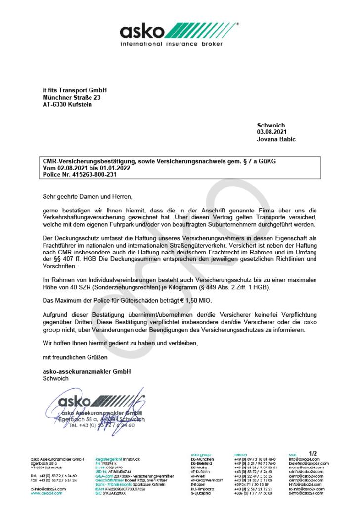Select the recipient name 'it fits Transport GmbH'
point(74,91)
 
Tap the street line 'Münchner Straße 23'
point(71,98)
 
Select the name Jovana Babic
point(276,139)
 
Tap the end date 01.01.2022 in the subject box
point(115,168)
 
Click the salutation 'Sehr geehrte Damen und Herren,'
point(88,196)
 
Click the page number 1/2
point(313,453)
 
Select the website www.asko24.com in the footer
point(46,493)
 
